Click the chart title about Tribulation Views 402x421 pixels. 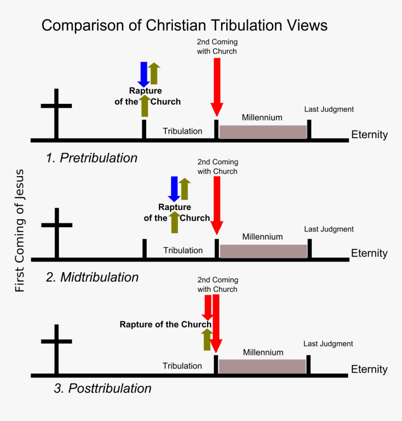184,25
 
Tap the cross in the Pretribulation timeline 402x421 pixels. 56,112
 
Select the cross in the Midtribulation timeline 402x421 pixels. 57,232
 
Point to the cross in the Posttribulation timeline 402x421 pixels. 57,348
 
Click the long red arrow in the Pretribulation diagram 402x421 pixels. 216,87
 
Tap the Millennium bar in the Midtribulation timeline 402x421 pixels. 263,251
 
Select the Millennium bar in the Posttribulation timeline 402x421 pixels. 262,367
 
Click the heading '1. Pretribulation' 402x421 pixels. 92,158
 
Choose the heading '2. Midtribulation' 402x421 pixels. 92,277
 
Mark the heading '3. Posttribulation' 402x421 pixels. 102,388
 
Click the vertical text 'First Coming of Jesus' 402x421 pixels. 20,231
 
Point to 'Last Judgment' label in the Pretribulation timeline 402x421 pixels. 329,109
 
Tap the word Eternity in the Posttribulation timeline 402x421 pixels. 369,369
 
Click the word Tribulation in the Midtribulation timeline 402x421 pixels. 183,250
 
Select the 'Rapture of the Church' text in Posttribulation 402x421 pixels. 165,325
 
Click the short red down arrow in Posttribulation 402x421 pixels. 207,308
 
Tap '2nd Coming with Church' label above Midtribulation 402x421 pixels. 217,167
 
